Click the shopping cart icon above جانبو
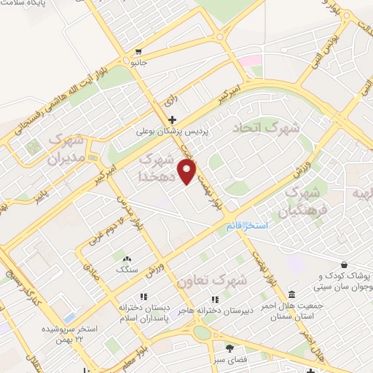click(138, 52)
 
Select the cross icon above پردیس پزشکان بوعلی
click(172, 119)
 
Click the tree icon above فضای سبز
click(230, 348)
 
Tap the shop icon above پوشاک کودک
click(343, 266)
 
